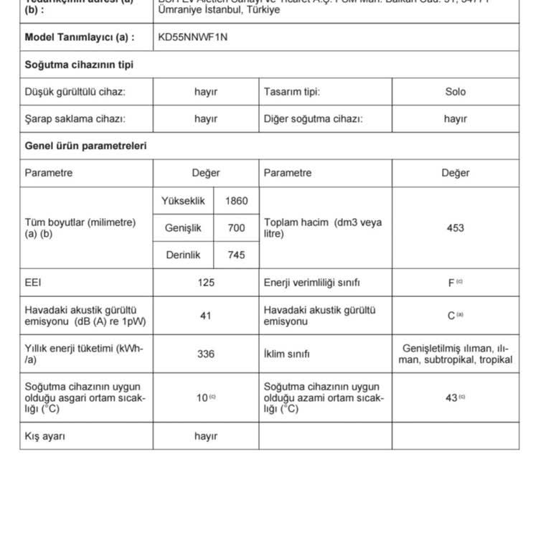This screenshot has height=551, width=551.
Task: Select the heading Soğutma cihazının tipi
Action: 79,65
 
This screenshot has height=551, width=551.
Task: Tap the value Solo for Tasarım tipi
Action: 455,92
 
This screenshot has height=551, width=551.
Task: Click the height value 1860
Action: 236,201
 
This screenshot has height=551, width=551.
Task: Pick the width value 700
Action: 236,228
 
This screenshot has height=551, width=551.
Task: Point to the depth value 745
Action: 236,255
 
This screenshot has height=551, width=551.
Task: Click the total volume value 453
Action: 455,228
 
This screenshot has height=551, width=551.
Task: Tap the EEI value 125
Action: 206,283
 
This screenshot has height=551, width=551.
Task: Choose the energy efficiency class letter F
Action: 451,283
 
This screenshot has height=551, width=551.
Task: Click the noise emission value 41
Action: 206,316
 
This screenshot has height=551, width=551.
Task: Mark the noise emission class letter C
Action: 451,316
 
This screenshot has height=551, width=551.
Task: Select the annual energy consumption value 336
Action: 206,354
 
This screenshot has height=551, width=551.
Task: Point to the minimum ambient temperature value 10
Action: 202,397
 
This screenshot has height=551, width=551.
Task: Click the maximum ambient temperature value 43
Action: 451,397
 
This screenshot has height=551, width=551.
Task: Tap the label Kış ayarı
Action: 45,436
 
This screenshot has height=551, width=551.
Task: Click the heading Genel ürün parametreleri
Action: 85,146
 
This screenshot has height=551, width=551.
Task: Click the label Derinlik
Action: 184,255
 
